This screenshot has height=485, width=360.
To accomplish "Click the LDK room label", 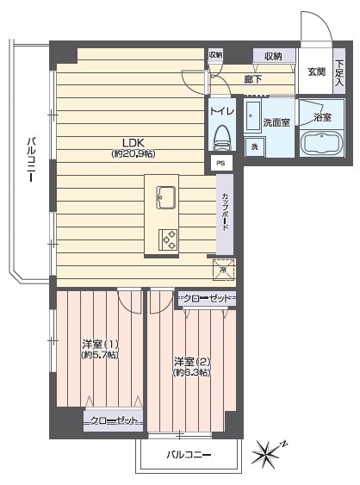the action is tap(133, 143).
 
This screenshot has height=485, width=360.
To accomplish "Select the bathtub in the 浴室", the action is tap(321, 144).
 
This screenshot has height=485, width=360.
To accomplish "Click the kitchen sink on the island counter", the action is tap(166, 197).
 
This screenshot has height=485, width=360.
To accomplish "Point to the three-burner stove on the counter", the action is tap(168, 239).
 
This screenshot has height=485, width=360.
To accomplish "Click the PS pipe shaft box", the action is tap(220, 164).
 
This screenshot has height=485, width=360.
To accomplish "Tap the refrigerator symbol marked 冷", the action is tap(224, 270).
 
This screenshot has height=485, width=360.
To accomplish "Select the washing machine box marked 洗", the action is tap(255, 147).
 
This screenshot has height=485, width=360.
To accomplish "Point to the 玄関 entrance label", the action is tap(316, 72).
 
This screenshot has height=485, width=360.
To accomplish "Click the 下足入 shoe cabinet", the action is tap(339, 72).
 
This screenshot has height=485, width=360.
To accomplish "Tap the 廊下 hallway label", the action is tap(253, 80).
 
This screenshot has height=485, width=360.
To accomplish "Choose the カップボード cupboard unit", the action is tap(225, 215).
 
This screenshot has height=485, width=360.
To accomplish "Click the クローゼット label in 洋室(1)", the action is tap(114, 420).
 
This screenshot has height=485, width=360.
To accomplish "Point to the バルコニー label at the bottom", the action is tap(189, 455).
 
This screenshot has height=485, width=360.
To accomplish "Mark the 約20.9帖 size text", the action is tap(133, 153).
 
